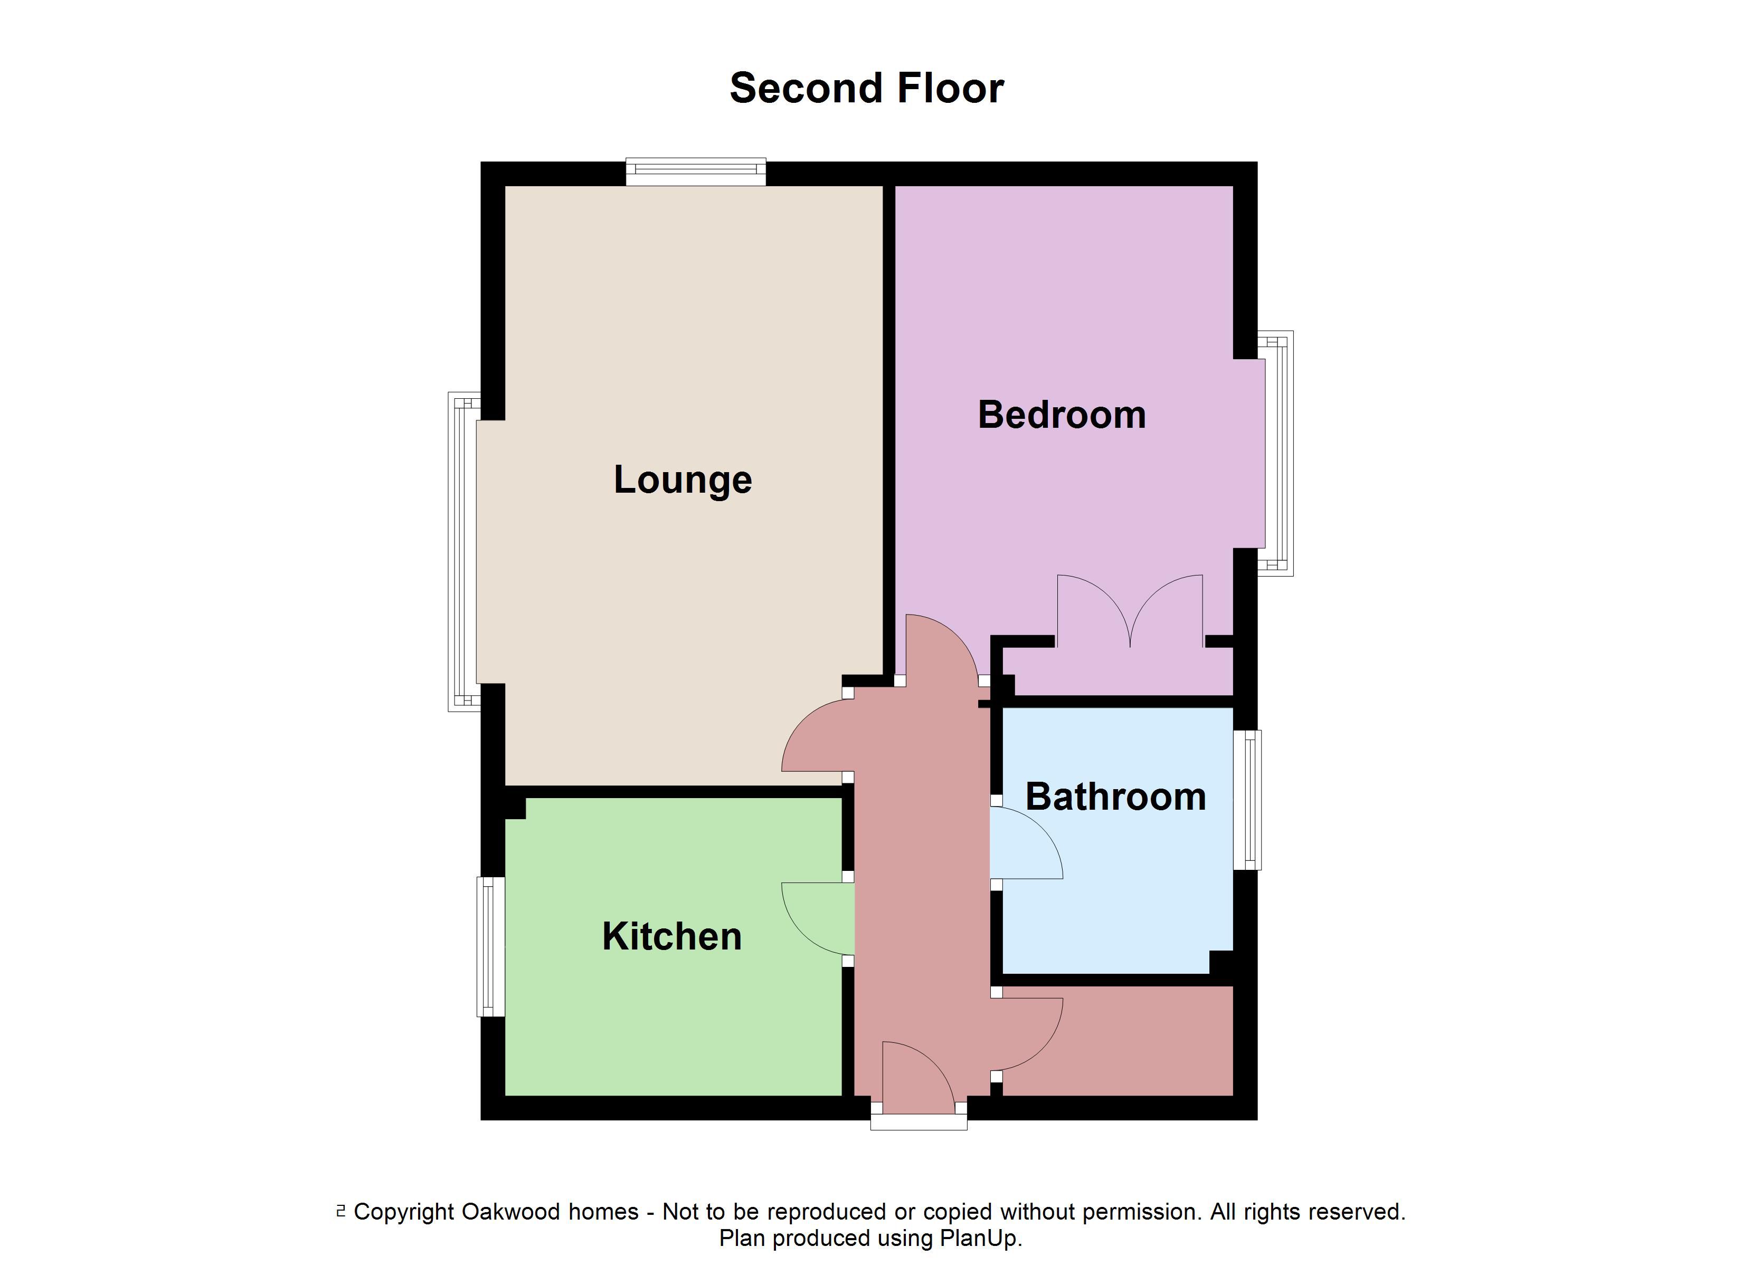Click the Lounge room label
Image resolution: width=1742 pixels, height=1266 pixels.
[x=682, y=480]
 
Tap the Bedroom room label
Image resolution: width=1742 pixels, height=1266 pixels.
[x=1062, y=415]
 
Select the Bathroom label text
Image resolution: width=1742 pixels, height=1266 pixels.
[x=1115, y=797]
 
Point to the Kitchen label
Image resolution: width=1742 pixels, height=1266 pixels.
[x=671, y=937]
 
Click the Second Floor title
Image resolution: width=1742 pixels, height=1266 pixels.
[x=866, y=88]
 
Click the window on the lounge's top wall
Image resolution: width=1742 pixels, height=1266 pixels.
[x=695, y=171]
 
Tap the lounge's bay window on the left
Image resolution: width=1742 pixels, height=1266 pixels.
[x=462, y=551]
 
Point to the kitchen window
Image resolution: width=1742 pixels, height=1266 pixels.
[x=491, y=947]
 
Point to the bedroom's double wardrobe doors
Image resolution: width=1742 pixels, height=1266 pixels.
[x=1130, y=610]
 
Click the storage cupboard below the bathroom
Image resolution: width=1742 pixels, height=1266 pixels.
[x=1118, y=1041]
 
